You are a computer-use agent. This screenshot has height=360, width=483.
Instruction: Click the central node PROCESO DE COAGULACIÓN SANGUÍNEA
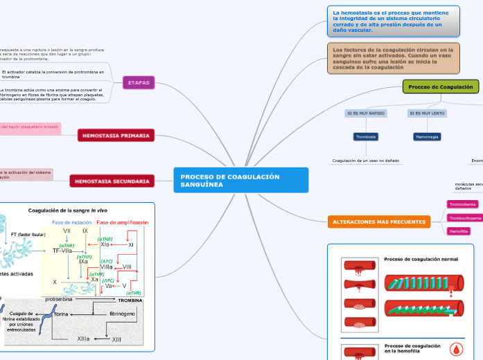tap(240, 181)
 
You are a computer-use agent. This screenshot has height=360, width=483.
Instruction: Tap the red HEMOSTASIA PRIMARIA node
tap(116, 136)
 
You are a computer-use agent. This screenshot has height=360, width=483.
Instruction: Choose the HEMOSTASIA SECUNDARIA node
tap(112, 181)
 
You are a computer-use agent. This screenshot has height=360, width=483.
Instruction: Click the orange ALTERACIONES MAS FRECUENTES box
tap(378, 222)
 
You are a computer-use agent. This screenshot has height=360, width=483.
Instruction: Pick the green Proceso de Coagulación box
tap(441, 87)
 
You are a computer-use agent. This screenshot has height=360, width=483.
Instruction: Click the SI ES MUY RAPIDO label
tap(366, 113)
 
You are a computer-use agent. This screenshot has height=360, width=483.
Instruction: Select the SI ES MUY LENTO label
tap(427, 113)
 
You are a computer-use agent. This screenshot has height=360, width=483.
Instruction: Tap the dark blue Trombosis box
tap(366, 137)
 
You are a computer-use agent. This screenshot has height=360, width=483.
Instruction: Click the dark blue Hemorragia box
tap(427, 137)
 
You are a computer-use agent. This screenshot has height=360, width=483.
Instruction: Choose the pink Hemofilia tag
tap(459, 231)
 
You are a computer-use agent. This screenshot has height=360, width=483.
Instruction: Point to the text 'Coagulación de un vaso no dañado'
tap(366, 161)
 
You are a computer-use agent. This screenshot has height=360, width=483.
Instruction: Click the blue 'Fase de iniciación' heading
tap(72, 222)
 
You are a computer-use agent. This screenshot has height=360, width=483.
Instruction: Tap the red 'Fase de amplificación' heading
tap(123, 222)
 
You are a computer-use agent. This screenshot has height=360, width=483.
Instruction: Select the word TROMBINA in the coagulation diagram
tap(130, 300)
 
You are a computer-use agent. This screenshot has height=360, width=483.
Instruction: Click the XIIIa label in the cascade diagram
tap(83, 339)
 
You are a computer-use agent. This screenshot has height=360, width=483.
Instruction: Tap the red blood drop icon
tap(456, 348)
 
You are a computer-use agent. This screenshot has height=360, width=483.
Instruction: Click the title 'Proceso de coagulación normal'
tap(421, 259)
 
